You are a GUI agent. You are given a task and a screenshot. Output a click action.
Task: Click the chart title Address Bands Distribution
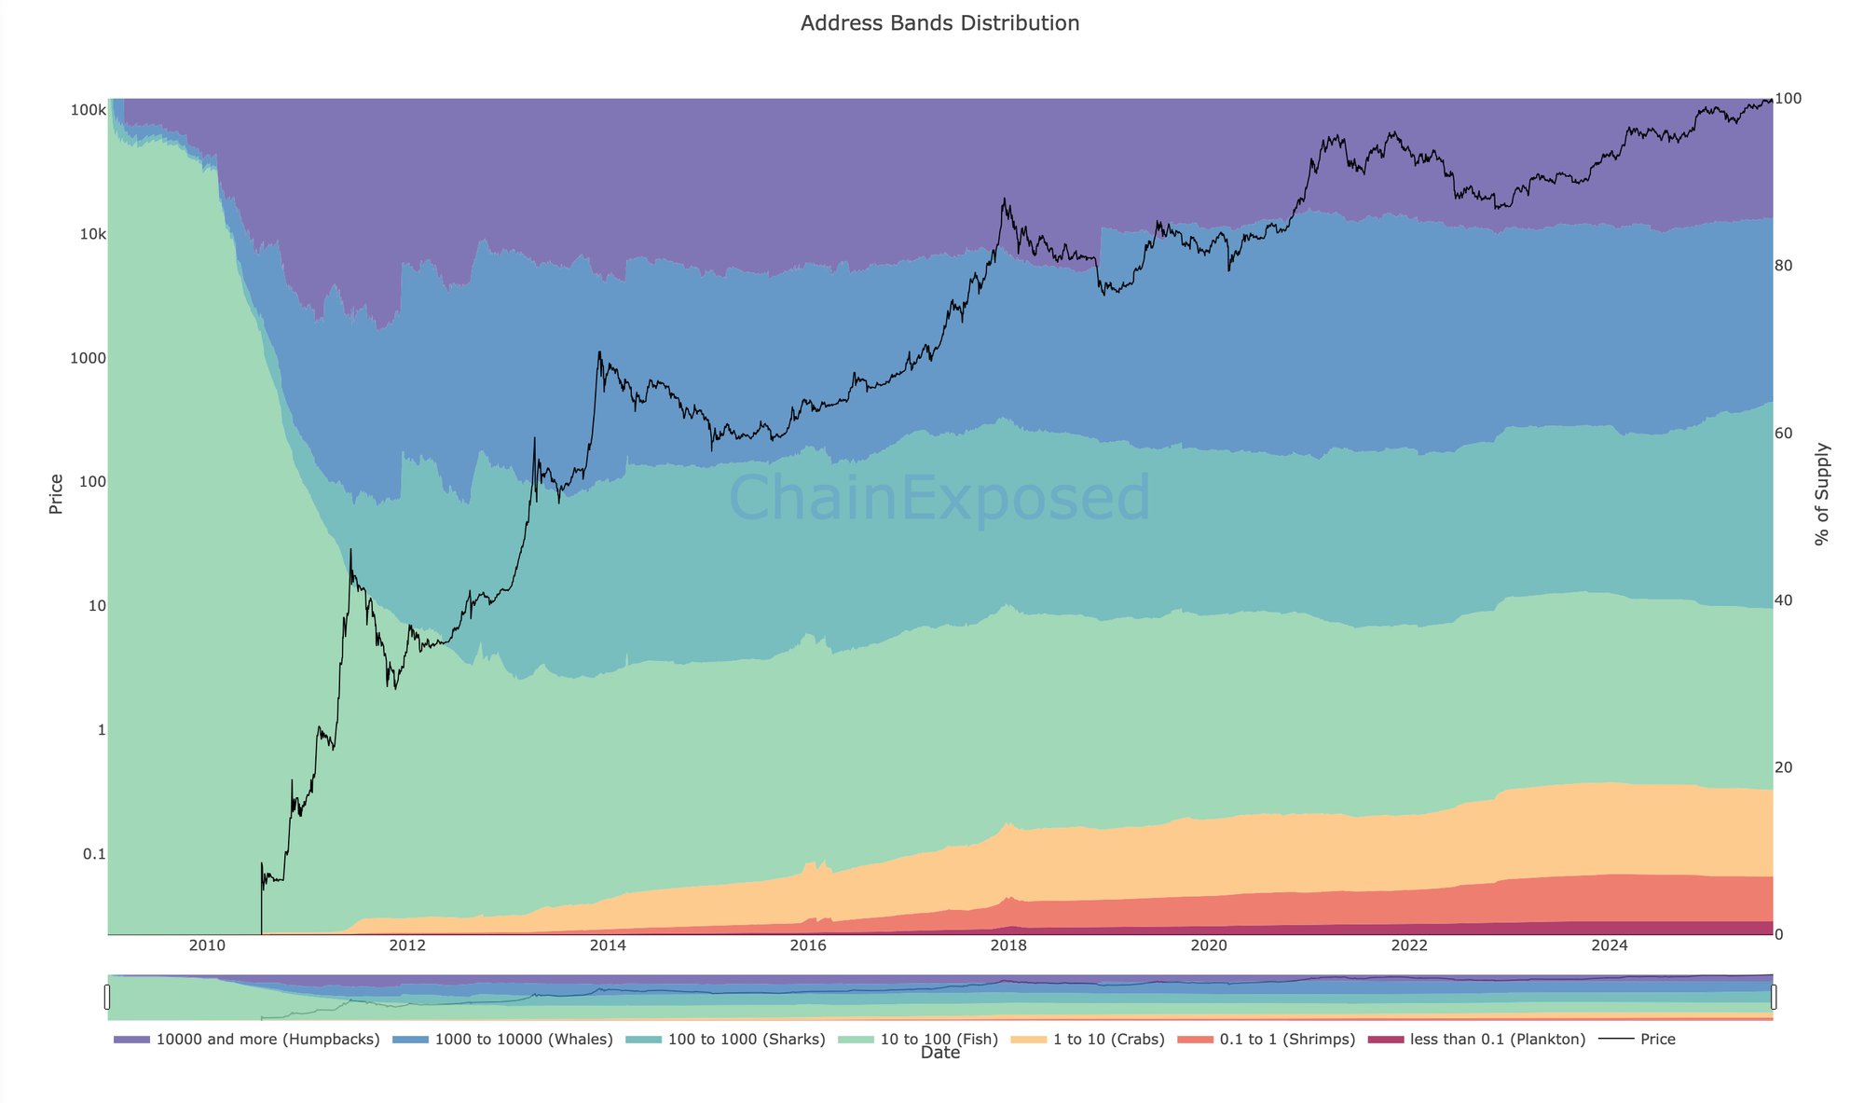click(939, 23)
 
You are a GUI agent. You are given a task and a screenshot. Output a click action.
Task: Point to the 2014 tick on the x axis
click(608, 946)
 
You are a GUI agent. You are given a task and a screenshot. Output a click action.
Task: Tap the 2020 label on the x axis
click(1209, 946)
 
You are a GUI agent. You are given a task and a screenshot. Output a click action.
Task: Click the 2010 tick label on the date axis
click(207, 946)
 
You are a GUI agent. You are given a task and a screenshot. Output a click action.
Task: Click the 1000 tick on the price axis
click(89, 358)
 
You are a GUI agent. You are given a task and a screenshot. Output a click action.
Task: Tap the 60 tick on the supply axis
click(1784, 434)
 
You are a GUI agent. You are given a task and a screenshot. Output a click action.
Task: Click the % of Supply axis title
click(1822, 494)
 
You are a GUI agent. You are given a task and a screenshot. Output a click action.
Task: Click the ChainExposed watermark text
click(939, 498)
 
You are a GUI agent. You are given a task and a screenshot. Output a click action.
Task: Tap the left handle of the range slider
click(107, 997)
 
